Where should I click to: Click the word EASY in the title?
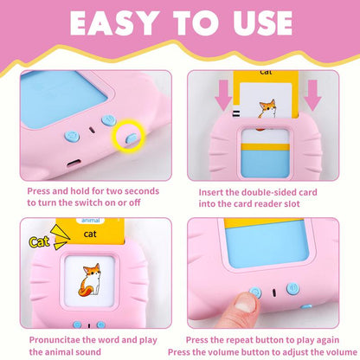click(113, 23)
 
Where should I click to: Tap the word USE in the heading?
click(263, 23)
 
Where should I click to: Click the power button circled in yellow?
click(132, 138)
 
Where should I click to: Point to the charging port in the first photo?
click(74, 164)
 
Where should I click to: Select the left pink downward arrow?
click(223, 95)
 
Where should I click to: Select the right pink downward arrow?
click(312, 95)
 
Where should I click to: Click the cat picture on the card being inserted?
click(267, 108)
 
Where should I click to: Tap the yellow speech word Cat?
click(39, 241)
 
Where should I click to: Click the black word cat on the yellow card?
click(90, 234)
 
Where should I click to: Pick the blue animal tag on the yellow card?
click(91, 221)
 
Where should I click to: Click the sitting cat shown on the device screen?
click(89, 280)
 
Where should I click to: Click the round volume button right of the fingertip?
click(292, 289)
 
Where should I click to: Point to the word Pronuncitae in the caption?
click(55, 340)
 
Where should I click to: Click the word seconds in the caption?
click(142, 191)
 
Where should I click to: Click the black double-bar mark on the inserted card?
click(236, 114)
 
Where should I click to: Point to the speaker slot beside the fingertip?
click(273, 293)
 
